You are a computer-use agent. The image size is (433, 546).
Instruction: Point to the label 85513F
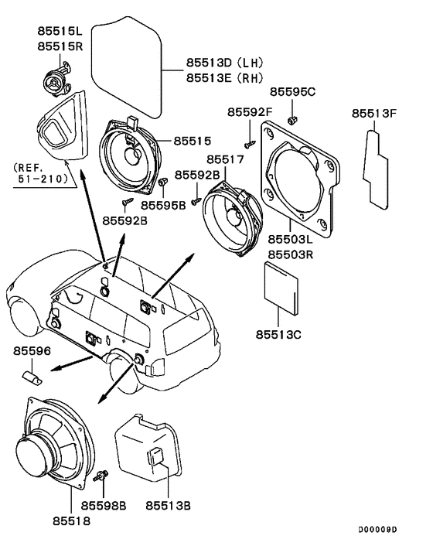tap(374, 113)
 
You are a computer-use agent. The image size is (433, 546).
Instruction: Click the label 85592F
tap(249, 113)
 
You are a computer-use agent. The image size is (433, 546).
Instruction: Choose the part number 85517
tap(223, 159)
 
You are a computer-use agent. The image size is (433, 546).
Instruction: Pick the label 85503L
tap(289, 241)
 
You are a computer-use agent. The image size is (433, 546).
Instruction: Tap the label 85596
tap(32, 351)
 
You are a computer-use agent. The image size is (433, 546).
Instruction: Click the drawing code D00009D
tap(377, 530)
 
